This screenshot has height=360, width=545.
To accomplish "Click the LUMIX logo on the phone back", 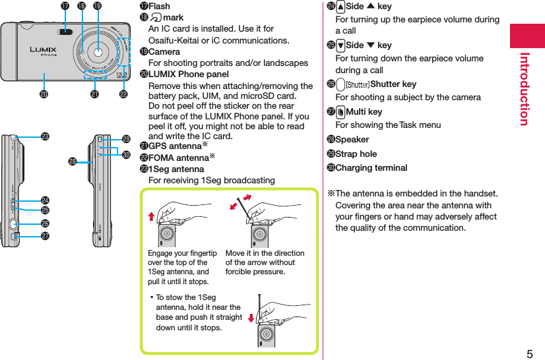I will click(43, 49).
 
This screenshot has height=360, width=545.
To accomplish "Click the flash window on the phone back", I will click(65, 32).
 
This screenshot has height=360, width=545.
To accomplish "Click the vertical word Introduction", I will click(525, 88).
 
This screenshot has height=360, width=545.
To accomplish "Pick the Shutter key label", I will click(393, 84).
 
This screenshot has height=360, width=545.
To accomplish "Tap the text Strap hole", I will click(356, 154).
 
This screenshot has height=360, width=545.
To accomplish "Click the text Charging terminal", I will click(371, 167).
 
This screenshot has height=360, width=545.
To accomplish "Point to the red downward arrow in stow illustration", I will click(251, 320).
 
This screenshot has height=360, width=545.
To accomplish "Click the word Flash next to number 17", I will click(159, 7).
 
